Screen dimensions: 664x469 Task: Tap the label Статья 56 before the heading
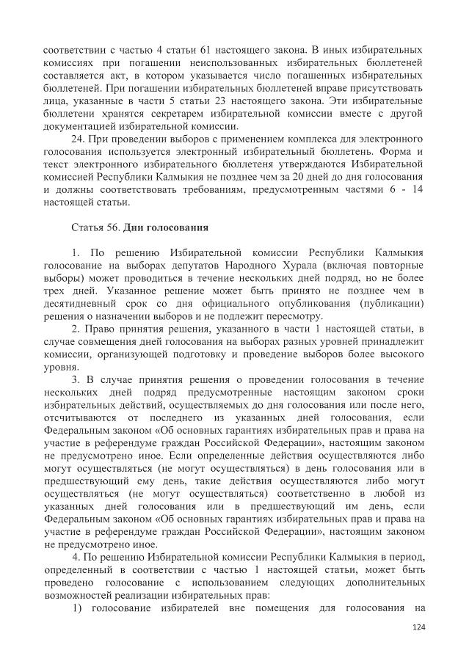tap(97, 227)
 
